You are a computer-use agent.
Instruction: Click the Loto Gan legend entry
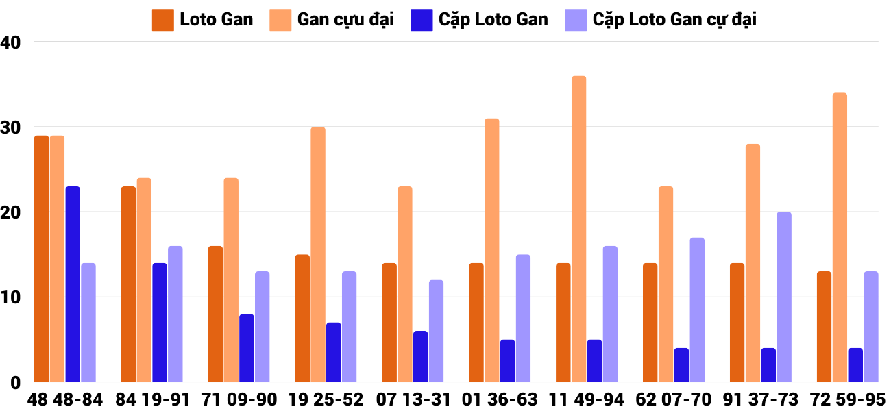pos(204,19)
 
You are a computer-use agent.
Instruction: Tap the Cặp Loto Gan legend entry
pos(480,19)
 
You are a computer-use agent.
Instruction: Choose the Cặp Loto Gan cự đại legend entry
pos(661,19)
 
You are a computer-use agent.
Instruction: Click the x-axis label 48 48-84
pos(65,399)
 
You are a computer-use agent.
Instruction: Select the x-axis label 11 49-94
pos(587,399)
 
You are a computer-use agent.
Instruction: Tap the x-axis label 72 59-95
pos(848,399)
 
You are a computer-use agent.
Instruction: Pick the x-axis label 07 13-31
pos(413,399)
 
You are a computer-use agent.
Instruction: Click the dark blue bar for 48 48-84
pos(73,284)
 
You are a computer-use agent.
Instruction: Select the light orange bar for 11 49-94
pos(579,229)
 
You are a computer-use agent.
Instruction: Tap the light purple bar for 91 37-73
pos(784,297)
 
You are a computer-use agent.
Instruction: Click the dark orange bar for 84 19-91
pos(128,284)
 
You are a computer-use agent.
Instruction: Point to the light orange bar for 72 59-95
pos(840,237)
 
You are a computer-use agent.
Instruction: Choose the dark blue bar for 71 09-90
pos(247,348)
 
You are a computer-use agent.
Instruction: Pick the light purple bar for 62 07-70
pos(697,310)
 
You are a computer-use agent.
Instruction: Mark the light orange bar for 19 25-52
pos(318,254)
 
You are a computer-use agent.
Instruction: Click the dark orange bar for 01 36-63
pos(476,323)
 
